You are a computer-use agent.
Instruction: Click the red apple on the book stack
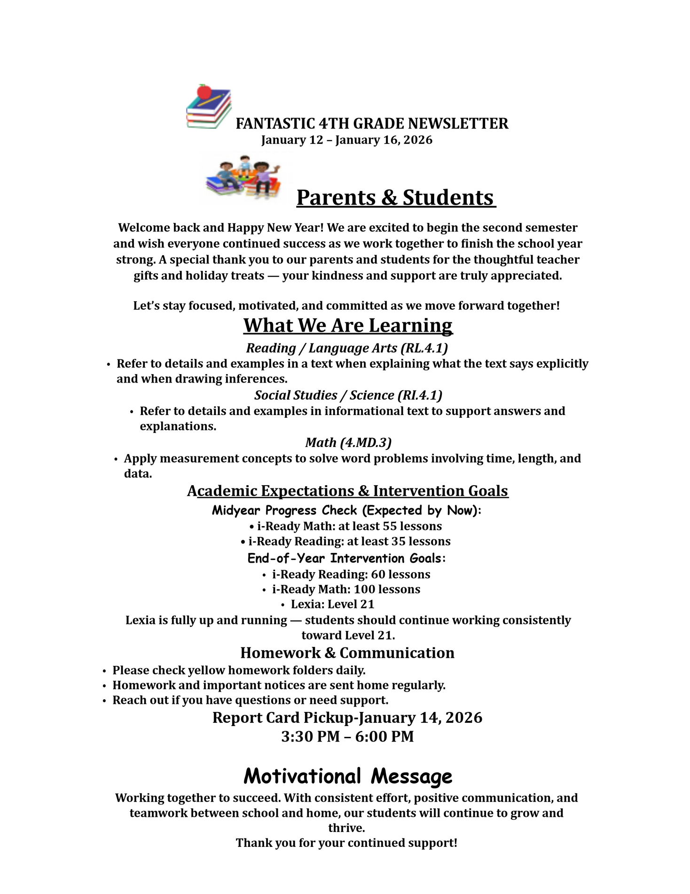point(204,91)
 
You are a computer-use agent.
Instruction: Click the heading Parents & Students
point(396,198)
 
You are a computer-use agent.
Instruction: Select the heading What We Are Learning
point(348,325)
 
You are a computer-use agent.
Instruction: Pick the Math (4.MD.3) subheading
point(348,443)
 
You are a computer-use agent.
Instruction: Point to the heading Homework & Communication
point(347,653)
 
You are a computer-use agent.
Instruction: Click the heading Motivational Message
point(348,776)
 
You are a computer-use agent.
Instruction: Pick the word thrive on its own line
point(346,828)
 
